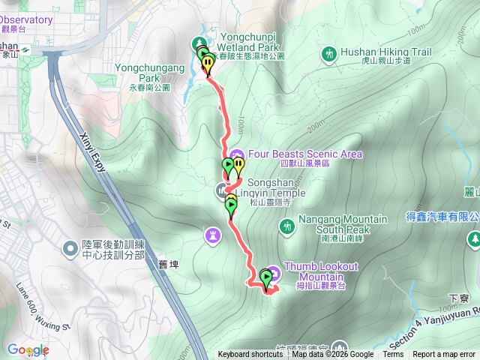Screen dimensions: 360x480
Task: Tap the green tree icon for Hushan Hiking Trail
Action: (x=328, y=54)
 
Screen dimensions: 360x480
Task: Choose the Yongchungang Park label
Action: (x=150, y=72)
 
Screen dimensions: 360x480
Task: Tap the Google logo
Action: (x=28, y=350)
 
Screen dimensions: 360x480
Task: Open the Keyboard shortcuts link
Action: (x=250, y=355)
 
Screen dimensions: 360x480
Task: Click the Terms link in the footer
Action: (x=393, y=355)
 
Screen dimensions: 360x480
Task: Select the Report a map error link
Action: (x=445, y=355)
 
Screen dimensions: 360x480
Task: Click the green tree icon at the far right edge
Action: (x=474, y=239)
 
